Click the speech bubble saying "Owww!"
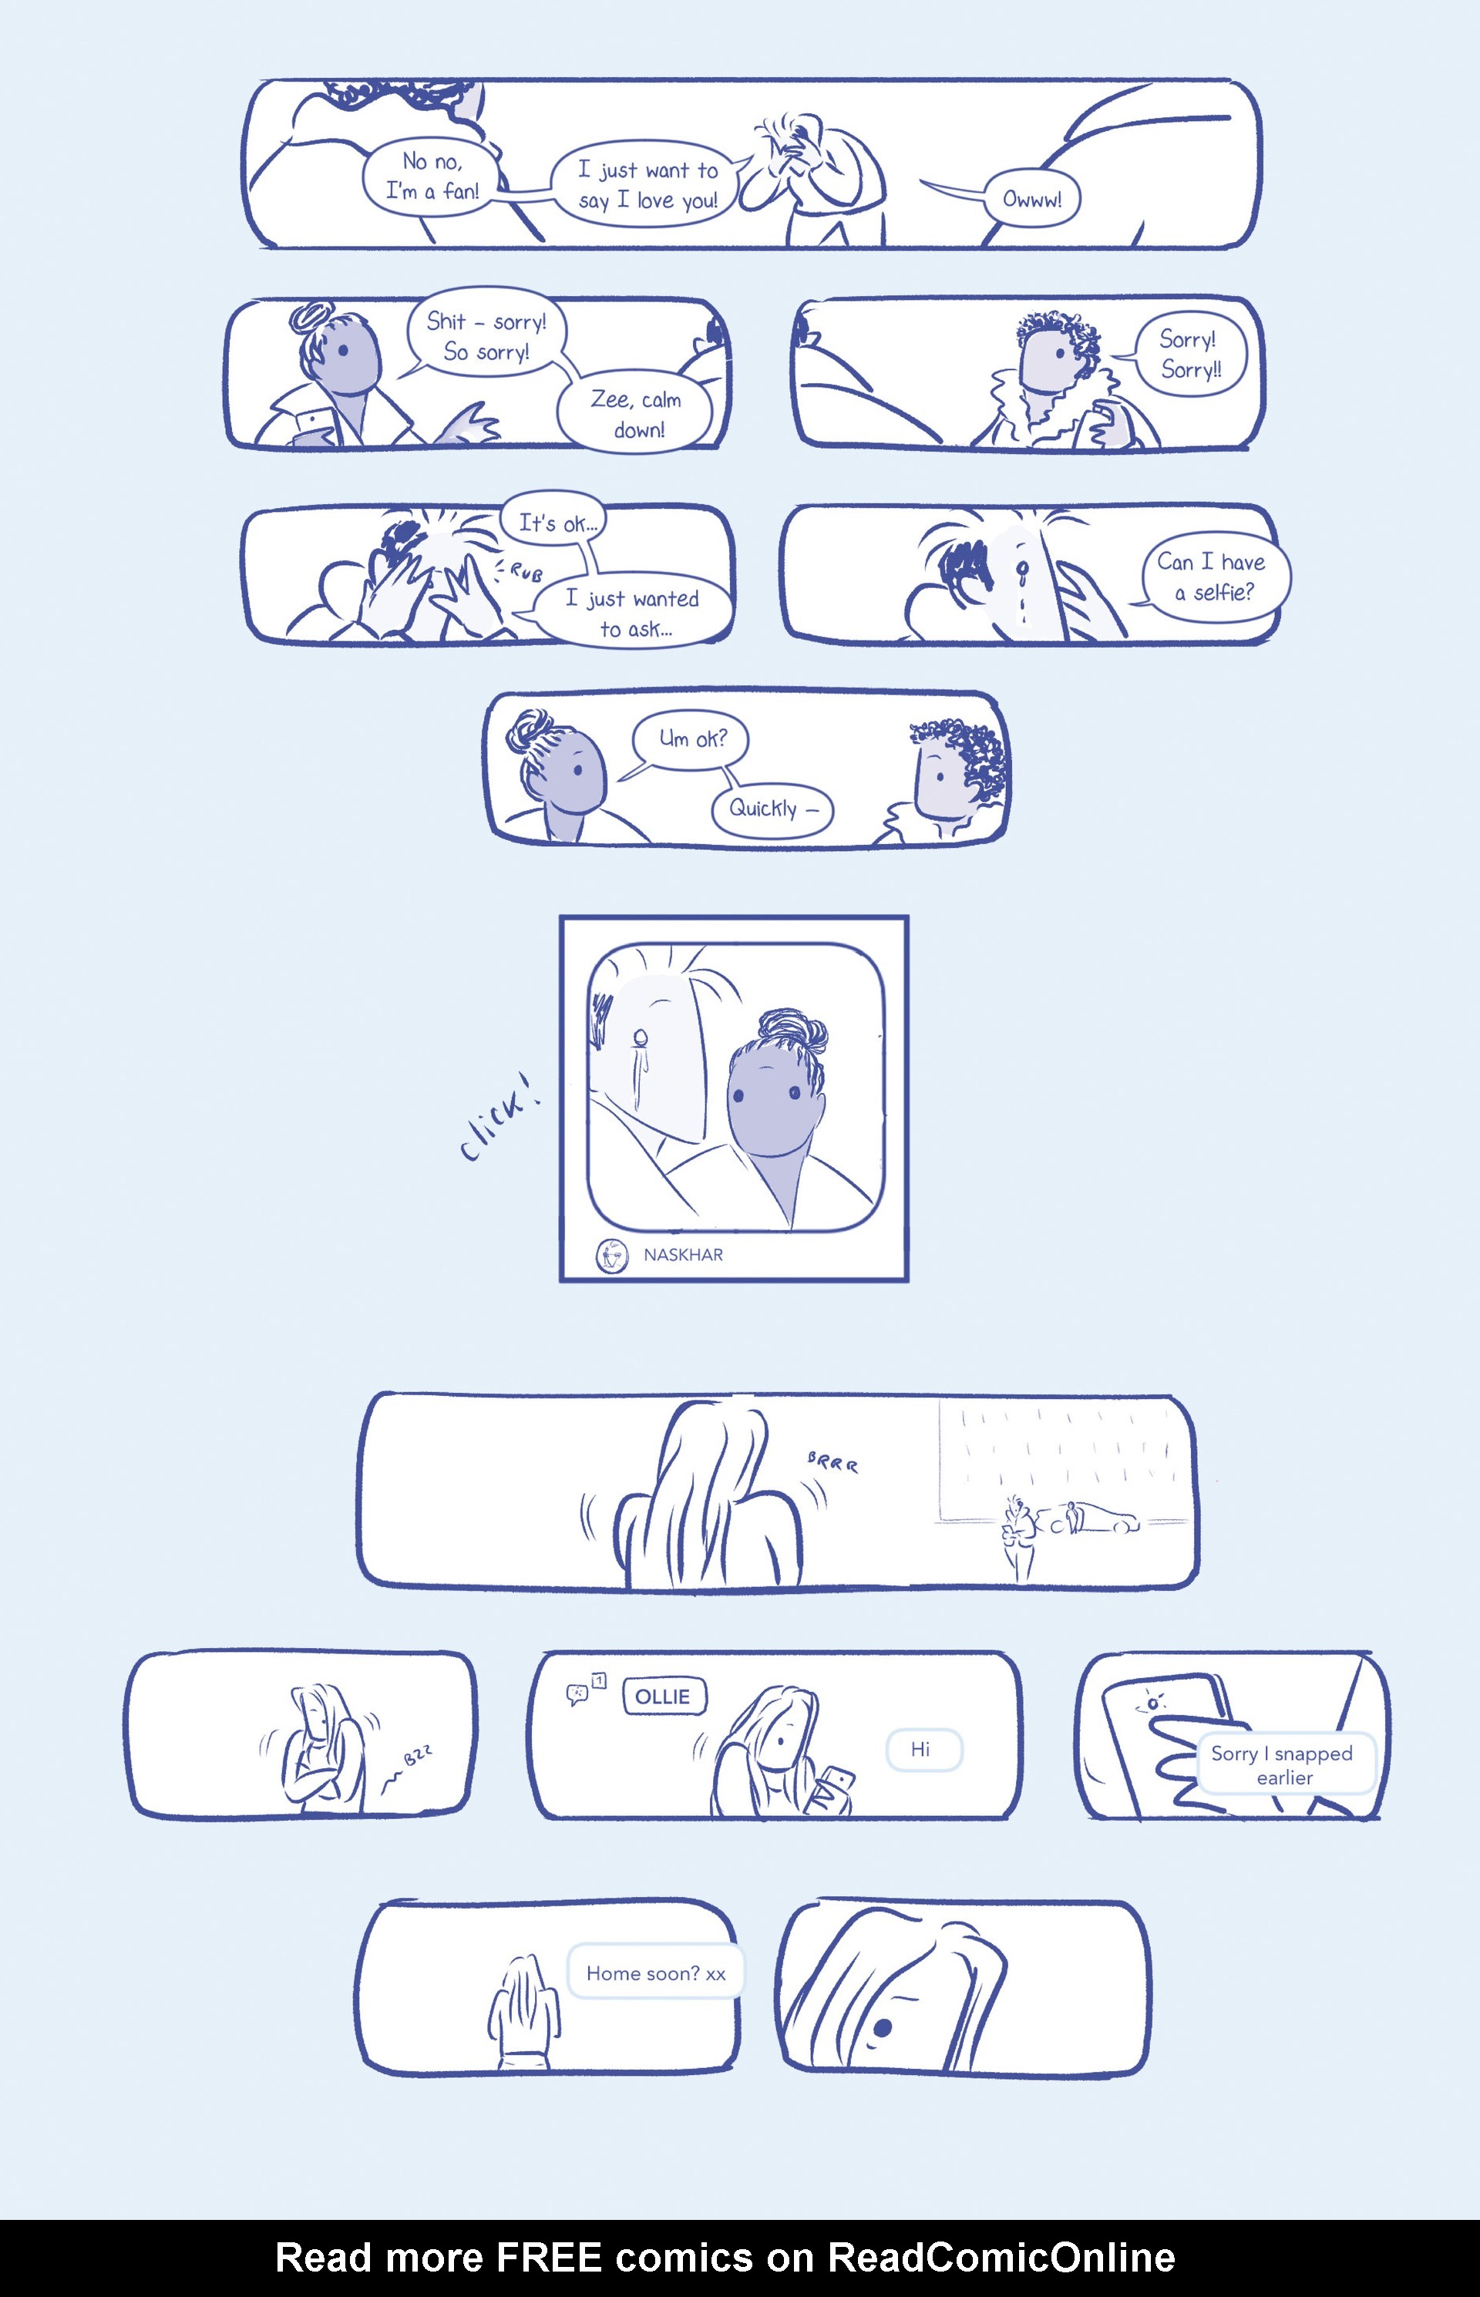(x=1031, y=199)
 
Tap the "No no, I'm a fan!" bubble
(x=432, y=177)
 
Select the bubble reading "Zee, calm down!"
(x=635, y=414)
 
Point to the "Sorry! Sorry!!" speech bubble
(x=1189, y=355)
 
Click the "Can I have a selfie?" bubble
(x=1215, y=577)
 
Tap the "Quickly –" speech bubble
(x=772, y=809)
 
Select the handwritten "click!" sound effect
(x=499, y=1118)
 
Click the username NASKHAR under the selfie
(x=683, y=1254)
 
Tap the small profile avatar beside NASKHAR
(x=611, y=1255)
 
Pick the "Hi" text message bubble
(x=923, y=1749)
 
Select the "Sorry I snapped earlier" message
(x=1284, y=1764)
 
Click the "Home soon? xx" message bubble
(x=655, y=1972)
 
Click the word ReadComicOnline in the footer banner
(x=1001, y=2258)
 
